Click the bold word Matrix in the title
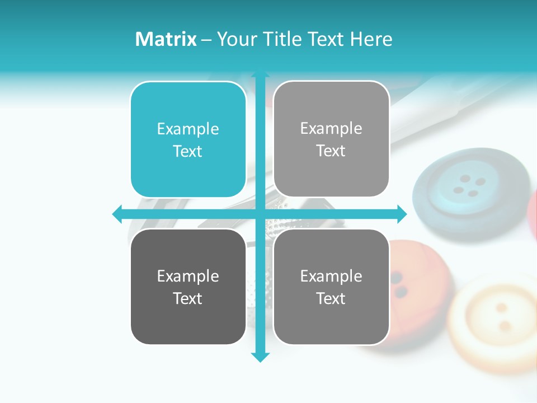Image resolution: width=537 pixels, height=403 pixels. click(166, 39)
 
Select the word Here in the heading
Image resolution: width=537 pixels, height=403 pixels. click(371, 39)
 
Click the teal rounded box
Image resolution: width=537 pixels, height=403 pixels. click(188, 139)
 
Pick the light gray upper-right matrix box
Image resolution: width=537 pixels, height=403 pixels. click(331, 139)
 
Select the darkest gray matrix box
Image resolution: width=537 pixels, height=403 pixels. click(188, 287)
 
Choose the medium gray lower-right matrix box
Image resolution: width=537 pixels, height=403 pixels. click(331, 287)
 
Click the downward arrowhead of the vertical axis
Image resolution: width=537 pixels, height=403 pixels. click(260, 357)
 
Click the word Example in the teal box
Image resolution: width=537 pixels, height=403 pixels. click(188, 129)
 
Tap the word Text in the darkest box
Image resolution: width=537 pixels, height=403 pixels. click(188, 298)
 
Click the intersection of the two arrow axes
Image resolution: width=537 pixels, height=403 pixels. click(260, 214)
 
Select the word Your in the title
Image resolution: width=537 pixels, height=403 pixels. click(235, 39)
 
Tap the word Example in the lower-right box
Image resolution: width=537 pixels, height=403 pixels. click(331, 276)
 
